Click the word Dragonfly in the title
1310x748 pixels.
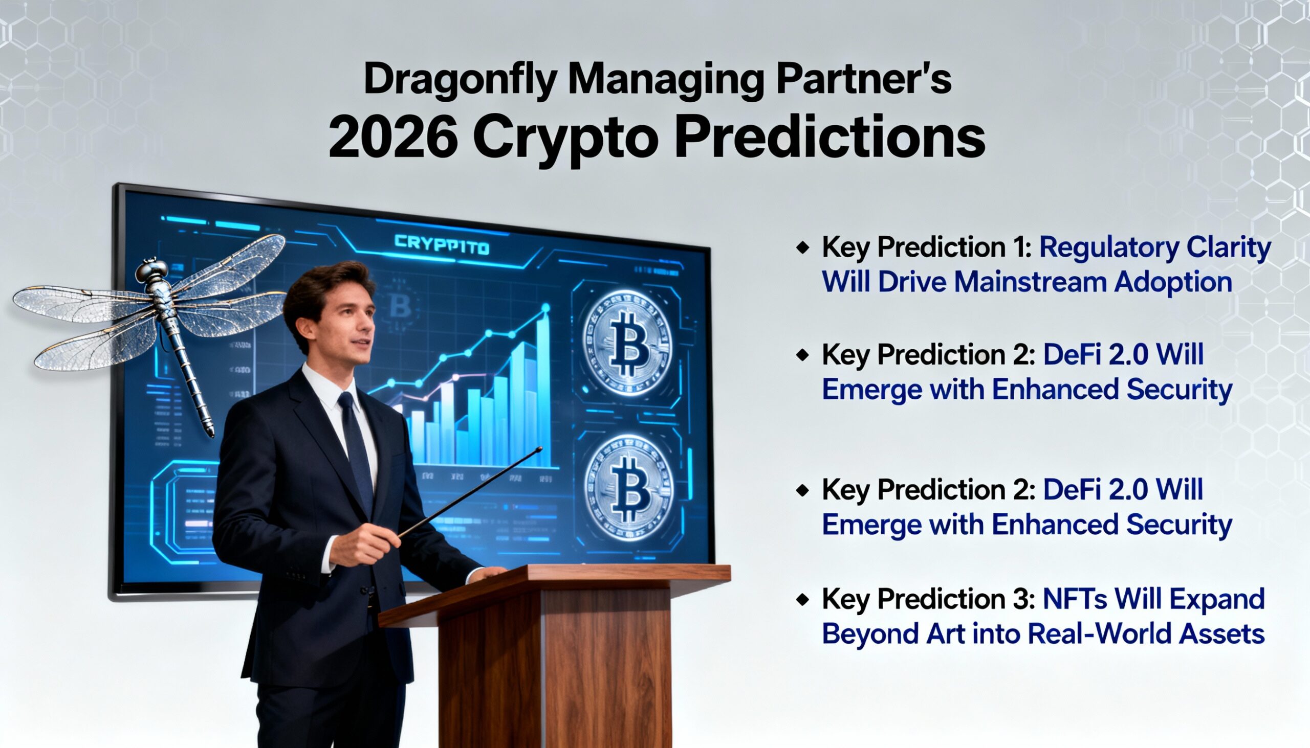(x=460, y=80)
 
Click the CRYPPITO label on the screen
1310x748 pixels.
(x=442, y=245)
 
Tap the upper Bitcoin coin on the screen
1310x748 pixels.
(x=627, y=343)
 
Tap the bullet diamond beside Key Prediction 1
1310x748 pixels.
(x=802, y=248)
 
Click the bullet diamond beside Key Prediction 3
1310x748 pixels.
(x=802, y=600)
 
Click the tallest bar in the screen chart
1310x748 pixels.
(x=542, y=391)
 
